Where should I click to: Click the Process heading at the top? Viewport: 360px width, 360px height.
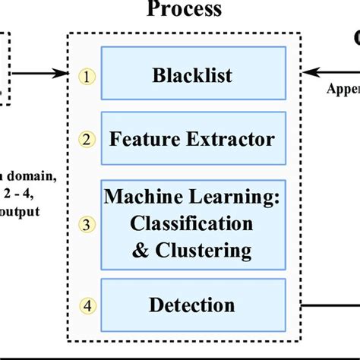[185, 10]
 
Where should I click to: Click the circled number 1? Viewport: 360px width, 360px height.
[89, 75]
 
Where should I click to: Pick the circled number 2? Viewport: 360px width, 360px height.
[89, 139]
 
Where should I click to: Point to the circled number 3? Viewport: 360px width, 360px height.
[89, 224]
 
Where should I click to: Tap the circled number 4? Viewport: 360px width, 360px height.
[89, 306]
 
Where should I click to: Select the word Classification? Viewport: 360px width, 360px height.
[191, 223]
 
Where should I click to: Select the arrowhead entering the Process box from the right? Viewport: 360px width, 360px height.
[305, 74]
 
